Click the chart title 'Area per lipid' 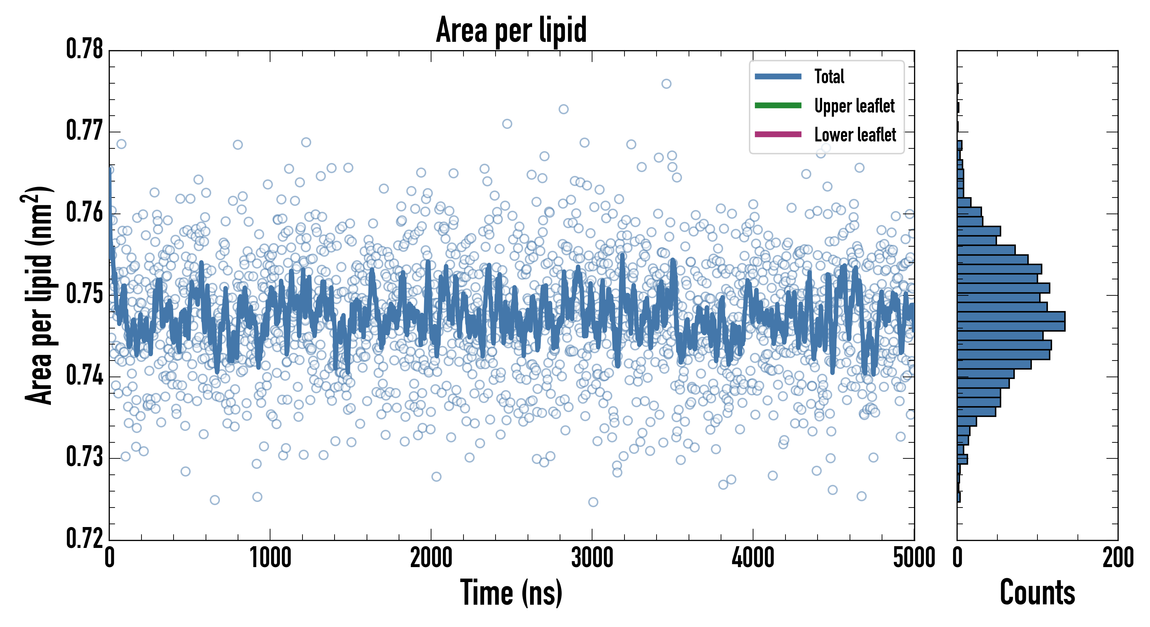(511, 30)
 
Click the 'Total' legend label (829, 76)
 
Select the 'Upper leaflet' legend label (854, 106)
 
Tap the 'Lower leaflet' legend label (855, 134)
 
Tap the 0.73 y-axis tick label (85, 457)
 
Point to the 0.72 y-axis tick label (85, 538)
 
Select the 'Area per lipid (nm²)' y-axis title (38, 295)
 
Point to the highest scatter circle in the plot (666, 84)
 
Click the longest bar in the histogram (1011, 321)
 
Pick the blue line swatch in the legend (778, 76)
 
